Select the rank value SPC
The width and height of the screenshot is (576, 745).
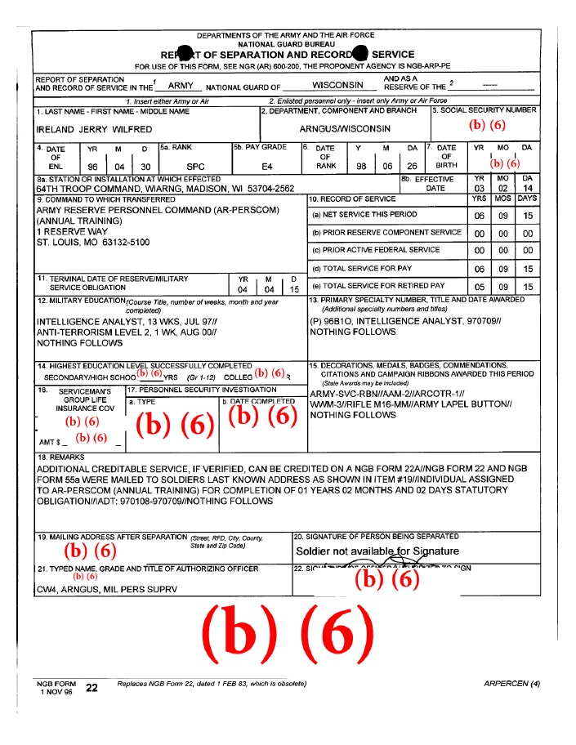pyautogui.click(x=196, y=166)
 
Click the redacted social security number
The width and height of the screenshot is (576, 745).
pyautogui.click(x=487, y=125)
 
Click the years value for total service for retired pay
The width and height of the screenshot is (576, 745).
pyautogui.click(x=480, y=287)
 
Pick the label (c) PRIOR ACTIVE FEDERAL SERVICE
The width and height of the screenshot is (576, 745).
pyautogui.click(x=376, y=250)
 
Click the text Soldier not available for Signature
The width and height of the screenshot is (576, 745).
pyautogui.click(x=377, y=551)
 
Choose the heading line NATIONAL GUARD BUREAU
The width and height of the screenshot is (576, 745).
pyautogui.click(x=288, y=44)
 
